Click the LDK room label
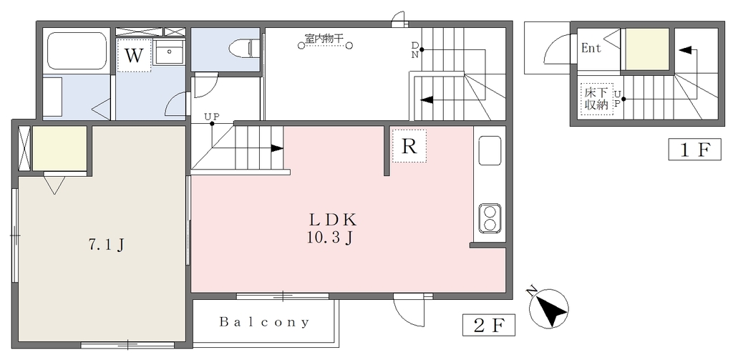pos(332,219)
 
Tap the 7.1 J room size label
pos(106,245)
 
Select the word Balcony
pos(264,322)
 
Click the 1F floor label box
pos(694,150)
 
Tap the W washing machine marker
pos(134,56)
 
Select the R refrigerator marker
pos(409,146)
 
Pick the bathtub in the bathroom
pos(78,51)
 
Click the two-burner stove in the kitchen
pos(490,218)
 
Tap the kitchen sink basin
pos(490,150)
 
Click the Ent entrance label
pos(591,48)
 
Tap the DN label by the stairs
pos(415,49)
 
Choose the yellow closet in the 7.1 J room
pos(59,148)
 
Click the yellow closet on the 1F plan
pos(647,49)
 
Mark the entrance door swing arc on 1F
pos(557,49)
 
